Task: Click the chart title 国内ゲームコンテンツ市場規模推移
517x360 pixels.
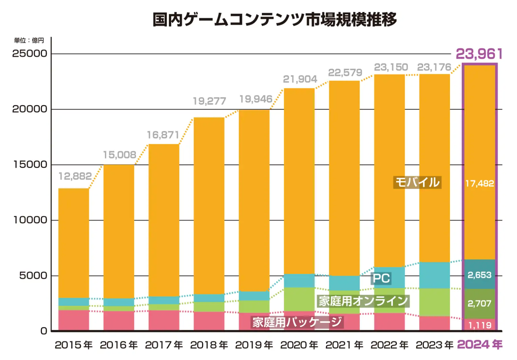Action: [x=274, y=19]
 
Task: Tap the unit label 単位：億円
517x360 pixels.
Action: [x=29, y=41]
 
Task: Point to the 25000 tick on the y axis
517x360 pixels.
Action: [x=30, y=54]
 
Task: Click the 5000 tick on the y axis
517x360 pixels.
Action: [x=33, y=276]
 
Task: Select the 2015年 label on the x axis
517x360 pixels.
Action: [x=74, y=345]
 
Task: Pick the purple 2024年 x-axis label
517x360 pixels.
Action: [x=480, y=345]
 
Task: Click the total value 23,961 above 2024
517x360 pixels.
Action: [x=479, y=54]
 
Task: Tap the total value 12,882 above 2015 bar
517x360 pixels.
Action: [x=75, y=176]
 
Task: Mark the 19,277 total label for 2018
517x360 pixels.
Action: [x=209, y=101]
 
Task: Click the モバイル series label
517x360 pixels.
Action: [x=417, y=182]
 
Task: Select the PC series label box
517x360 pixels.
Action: [x=381, y=278]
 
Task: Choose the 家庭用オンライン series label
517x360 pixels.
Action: [x=363, y=301]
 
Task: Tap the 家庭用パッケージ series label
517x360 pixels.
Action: [x=297, y=322]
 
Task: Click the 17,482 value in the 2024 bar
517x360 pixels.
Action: [x=480, y=184]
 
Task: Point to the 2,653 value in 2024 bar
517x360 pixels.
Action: [x=480, y=275]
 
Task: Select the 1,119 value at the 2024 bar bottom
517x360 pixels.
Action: [x=480, y=325]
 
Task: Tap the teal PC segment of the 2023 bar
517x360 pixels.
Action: [x=434, y=275]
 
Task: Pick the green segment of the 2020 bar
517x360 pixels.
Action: [x=299, y=299]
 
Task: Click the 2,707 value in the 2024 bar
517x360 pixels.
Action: [x=480, y=304]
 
